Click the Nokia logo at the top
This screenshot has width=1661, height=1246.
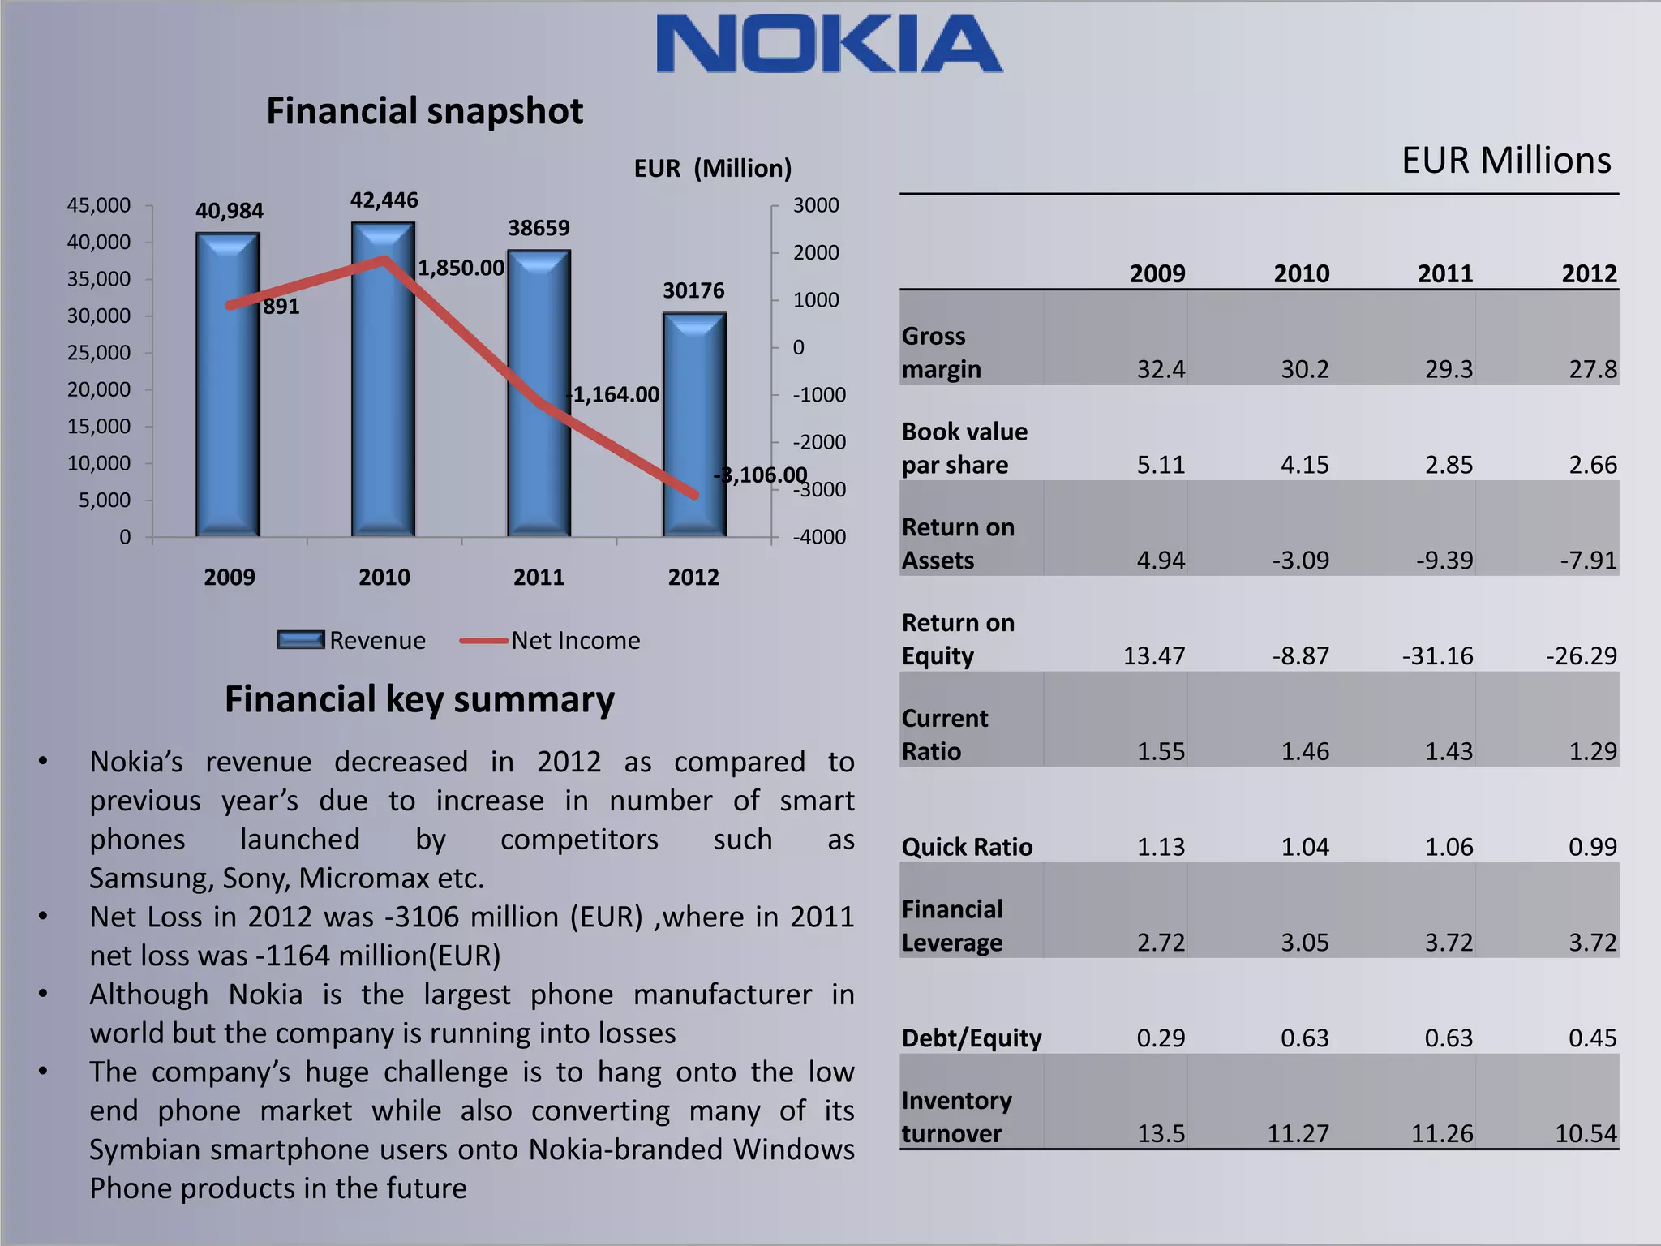[829, 44]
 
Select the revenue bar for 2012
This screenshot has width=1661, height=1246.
[694, 426]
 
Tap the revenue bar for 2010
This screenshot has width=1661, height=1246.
[383, 381]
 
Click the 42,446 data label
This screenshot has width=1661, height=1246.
[384, 200]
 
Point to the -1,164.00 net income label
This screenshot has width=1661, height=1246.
[613, 395]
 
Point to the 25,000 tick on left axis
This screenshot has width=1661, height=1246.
[98, 353]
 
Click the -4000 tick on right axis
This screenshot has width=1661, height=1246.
[818, 537]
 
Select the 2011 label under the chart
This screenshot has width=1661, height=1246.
[539, 578]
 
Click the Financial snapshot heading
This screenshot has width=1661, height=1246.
[424, 111]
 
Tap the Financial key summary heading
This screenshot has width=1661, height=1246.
[419, 699]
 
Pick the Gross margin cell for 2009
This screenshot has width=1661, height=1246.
[1160, 370]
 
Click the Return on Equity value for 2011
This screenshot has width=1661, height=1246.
[1437, 655]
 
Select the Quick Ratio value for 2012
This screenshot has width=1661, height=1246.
[1592, 847]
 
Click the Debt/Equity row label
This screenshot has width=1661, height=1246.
[971, 1038]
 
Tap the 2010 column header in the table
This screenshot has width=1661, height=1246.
[1301, 274]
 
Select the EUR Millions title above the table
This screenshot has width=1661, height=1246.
[1505, 161]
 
